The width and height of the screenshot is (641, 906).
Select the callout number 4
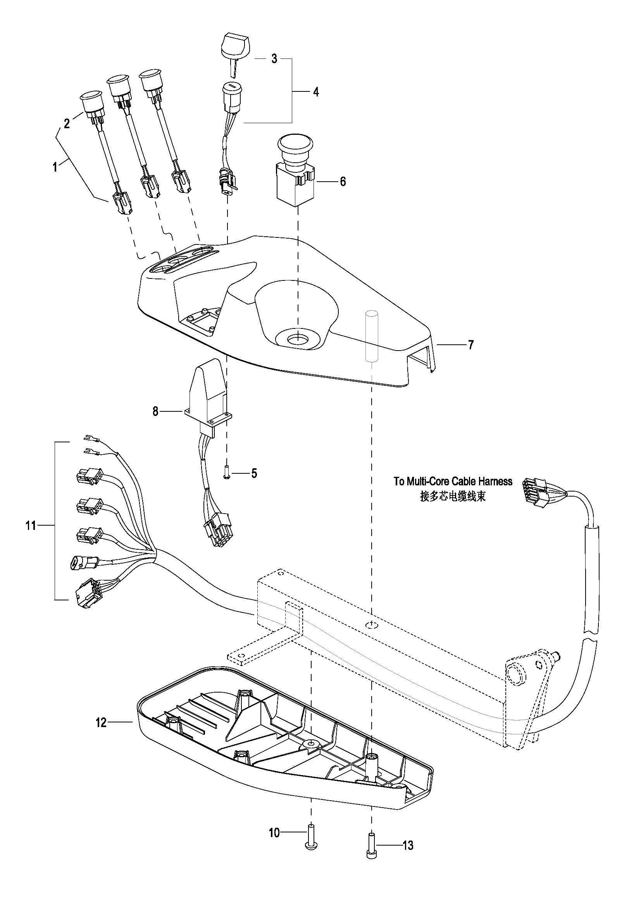(316, 92)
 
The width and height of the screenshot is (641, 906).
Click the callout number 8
(155, 412)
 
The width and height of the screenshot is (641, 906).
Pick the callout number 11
(31, 526)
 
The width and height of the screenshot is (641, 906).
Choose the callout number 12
(101, 723)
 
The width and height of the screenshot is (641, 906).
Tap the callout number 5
(254, 473)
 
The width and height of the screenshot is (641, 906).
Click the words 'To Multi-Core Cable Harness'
(453, 481)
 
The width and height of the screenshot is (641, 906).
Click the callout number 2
(67, 124)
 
